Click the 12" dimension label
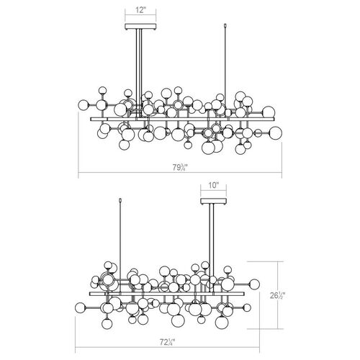[x=140, y=10]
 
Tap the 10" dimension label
[x=214, y=185]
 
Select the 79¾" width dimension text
[x=180, y=167]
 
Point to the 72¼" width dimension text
[x=167, y=342]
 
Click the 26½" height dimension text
[x=277, y=296]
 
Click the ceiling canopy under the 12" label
[x=140, y=27]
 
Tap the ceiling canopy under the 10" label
[x=214, y=201]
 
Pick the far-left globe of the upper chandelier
[x=84, y=104]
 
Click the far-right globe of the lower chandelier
[x=254, y=284]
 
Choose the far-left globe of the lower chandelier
[x=80, y=307]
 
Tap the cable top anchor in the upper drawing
[x=225, y=25]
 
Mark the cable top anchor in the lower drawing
[x=120, y=200]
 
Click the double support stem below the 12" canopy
[x=139, y=72]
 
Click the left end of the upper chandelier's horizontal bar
[x=91, y=119]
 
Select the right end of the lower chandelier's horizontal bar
[x=243, y=294]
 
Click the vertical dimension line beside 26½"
[x=278, y=295]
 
